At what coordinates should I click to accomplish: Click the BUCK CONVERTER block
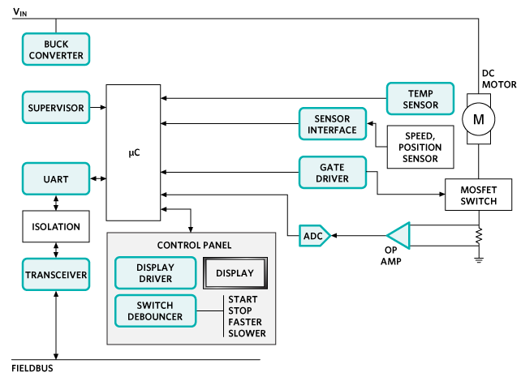(x=54, y=49)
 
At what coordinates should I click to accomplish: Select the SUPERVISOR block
(x=54, y=107)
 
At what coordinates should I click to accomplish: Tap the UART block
(x=54, y=178)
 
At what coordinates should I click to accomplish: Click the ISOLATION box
(x=54, y=228)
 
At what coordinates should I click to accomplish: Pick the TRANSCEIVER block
(x=54, y=275)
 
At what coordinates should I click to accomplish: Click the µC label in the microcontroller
(x=135, y=152)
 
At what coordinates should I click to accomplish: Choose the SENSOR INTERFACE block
(x=334, y=124)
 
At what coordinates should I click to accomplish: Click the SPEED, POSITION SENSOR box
(x=420, y=147)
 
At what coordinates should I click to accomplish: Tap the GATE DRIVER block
(x=334, y=172)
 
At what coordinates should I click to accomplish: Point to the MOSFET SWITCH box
(x=478, y=195)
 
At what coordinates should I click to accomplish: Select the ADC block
(x=312, y=236)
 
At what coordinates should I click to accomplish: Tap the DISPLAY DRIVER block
(x=155, y=273)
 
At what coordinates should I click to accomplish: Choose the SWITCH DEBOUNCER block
(x=155, y=310)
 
